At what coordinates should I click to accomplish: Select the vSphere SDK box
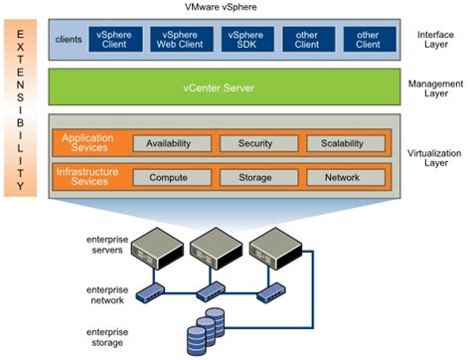[244, 41]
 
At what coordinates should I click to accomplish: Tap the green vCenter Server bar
[223, 89]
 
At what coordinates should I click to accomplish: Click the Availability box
[168, 143]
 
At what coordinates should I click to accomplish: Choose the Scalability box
[342, 143]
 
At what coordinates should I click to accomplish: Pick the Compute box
[168, 178]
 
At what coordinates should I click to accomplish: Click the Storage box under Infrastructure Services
[254, 178]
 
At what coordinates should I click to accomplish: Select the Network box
[342, 178]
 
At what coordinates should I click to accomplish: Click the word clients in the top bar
[70, 41]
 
